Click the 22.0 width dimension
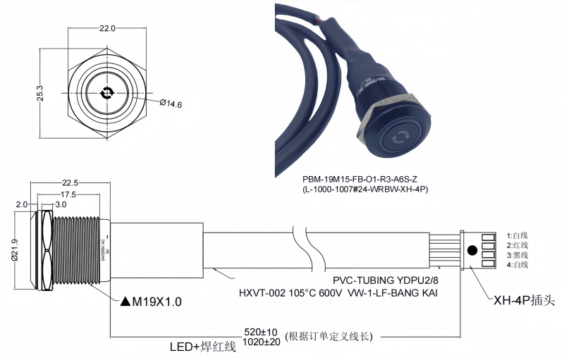[107, 29]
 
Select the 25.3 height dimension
[40, 94]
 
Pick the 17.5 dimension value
[68, 194]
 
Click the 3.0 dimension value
[61, 204]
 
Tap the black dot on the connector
[472, 249]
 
